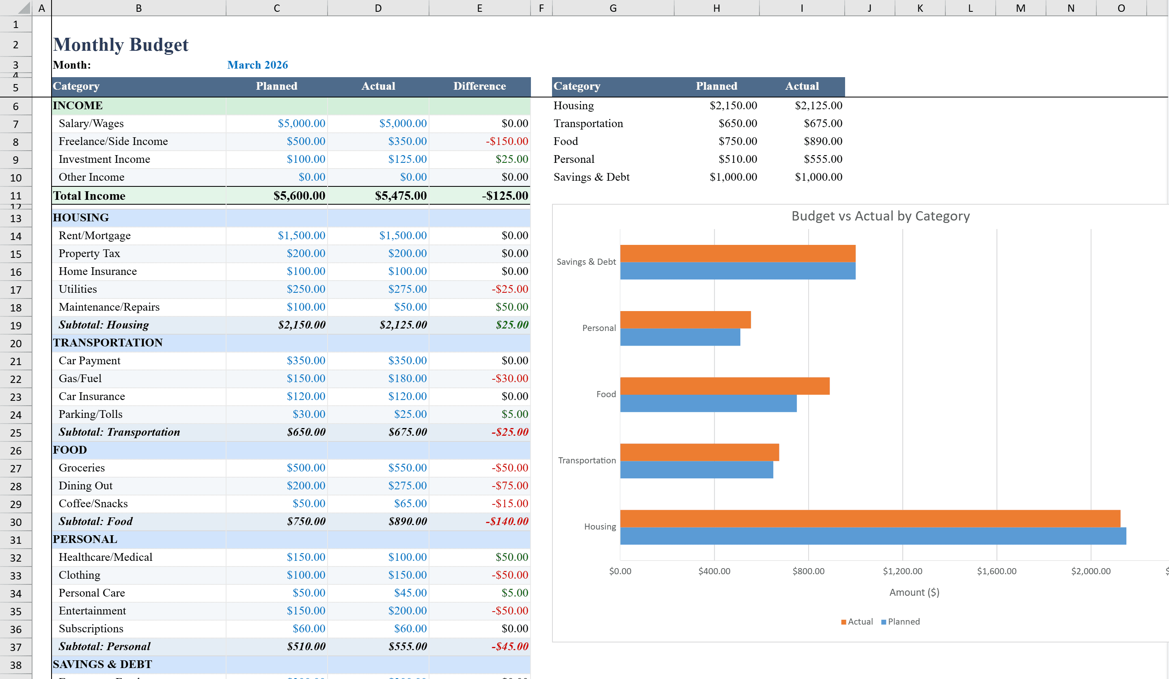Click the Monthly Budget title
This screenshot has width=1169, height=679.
pyautogui.click(x=121, y=45)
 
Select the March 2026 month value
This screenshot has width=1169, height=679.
pyautogui.click(x=257, y=65)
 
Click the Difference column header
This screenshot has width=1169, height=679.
pyautogui.click(x=479, y=86)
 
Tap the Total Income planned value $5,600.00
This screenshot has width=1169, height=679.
pyautogui.click(x=299, y=196)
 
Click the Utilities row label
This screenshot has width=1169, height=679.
pyautogui.click(x=78, y=289)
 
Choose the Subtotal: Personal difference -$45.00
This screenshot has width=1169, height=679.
pyautogui.click(x=509, y=647)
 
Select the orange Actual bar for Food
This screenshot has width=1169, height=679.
pyautogui.click(x=724, y=386)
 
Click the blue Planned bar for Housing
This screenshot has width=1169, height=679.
pyautogui.click(x=872, y=536)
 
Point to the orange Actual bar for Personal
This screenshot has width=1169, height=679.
pyautogui.click(x=685, y=320)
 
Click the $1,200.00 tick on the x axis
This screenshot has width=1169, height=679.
pyautogui.click(x=902, y=571)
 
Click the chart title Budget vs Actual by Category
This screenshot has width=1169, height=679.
pyautogui.click(x=880, y=216)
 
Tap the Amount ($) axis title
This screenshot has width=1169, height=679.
pyautogui.click(x=913, y=593)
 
